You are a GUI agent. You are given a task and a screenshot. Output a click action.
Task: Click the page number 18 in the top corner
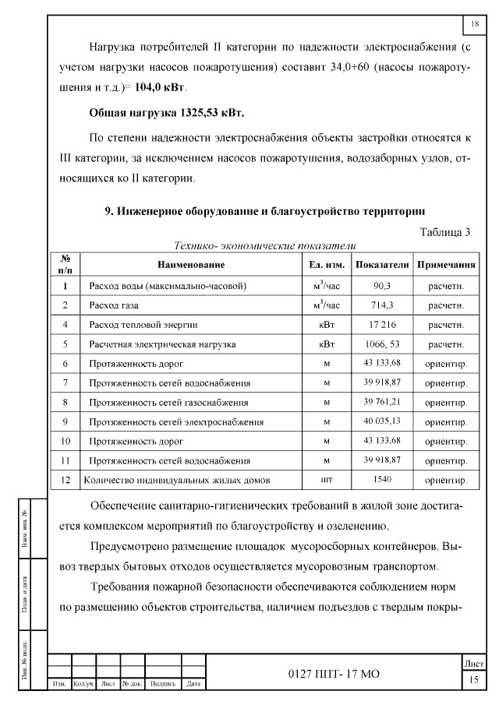[x=474, y=25]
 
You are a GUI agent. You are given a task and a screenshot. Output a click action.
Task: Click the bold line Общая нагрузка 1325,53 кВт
[x=167, y=113]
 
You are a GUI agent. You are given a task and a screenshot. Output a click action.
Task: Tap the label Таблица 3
[x=445, y=232]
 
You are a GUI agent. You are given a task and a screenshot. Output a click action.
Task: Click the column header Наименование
[x=190, y=265]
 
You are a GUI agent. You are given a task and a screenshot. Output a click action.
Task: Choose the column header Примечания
[x=446, y=265]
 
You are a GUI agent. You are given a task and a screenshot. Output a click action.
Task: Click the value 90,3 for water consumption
[x=382, y=286]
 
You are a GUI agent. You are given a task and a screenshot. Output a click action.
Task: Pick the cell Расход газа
[x=115, y=305]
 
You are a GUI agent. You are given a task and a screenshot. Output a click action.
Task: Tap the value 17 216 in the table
[x=382, y=324]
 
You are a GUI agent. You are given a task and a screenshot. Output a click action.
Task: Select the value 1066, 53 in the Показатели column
[x=382, y=344]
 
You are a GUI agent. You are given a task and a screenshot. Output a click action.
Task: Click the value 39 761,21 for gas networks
[x=382, y=402]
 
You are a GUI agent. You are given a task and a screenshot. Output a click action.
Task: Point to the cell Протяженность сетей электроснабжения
[x=176, y=421]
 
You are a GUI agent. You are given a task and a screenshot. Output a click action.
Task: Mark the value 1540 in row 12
[x=382, y=480]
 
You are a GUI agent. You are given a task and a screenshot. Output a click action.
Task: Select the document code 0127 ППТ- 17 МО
[x=333, y=673]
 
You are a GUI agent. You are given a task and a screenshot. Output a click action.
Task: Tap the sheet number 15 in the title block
[x=473, y=680]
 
